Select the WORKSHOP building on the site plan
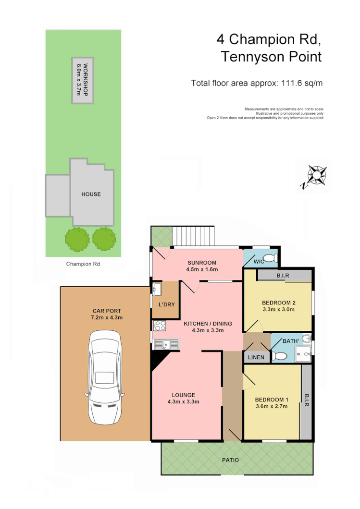click(83, 80)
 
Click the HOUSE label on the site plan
click(91, 194)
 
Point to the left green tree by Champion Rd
click(77, 239)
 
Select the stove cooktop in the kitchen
click(160, 325)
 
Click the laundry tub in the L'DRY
click(157, 289)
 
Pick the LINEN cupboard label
click(255, 357)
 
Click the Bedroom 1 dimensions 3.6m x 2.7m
click(271, 406)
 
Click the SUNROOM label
click(202, 263)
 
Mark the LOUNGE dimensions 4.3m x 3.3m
click(183, 401)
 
